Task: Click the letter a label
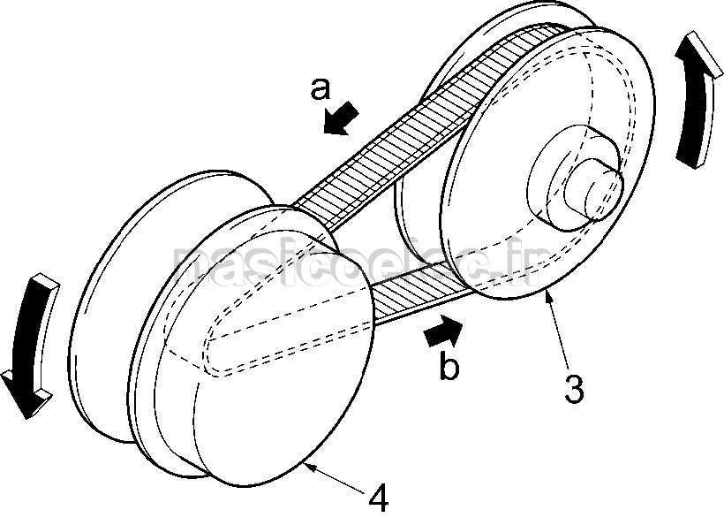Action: tap(321, 88)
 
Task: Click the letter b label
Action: tap(449, 366)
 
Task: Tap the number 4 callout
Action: tap(377, 499)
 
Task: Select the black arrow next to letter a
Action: tap(340, 118)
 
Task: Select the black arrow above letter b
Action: tap(444, 332)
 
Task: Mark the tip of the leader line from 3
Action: tap(549, 294)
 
